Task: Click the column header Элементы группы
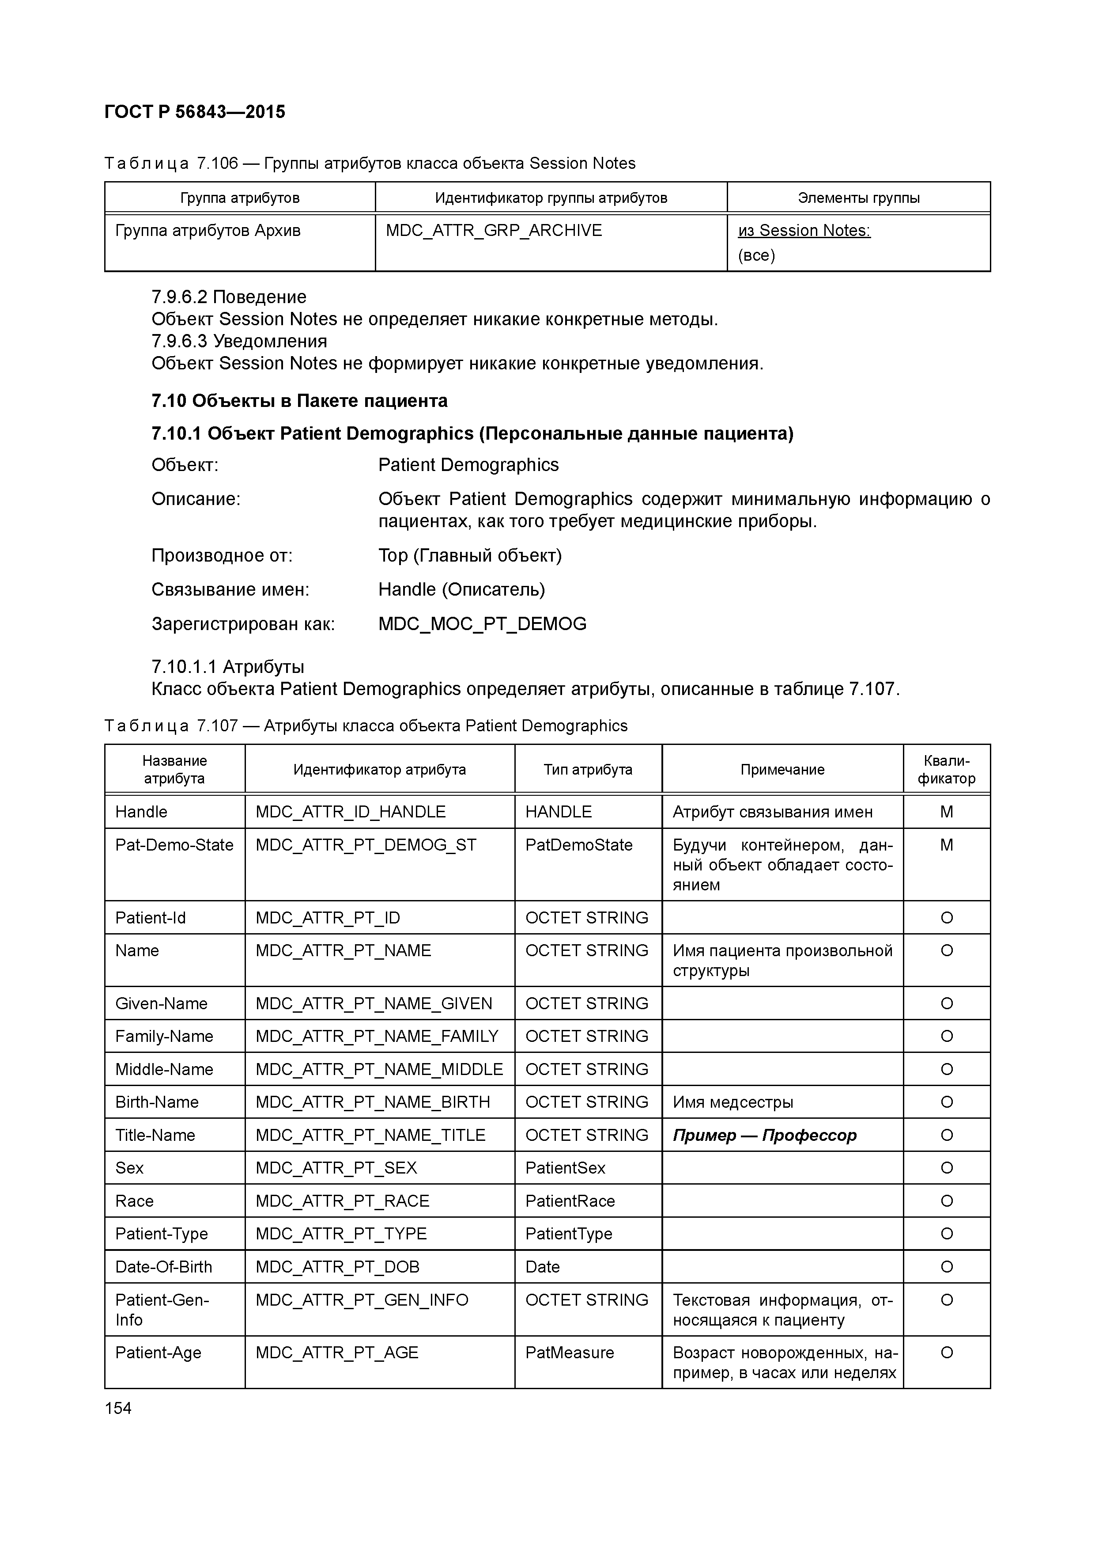[x=858, y=198]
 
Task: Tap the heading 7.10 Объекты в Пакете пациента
[x=299, y=401]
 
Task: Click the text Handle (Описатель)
[x=461, y=590]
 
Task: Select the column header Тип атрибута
[x=588, y=770]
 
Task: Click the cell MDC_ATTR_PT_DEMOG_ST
[x=366, y=845]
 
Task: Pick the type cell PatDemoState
[x=578, y=845]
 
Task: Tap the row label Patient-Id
[x=151, y=918]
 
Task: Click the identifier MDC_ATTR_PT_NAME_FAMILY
[x=377, y=1036]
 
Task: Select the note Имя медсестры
[x=733, y=1102]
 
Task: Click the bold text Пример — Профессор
[x=764, y=1136]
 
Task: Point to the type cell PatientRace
[x=570, y=1201]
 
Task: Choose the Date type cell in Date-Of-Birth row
[x=543, y=1267]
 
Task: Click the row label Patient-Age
[x=158, y=1353]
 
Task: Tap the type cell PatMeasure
[x=570, y=1353]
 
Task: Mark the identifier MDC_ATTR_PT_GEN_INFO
[x=362, y=1300]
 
